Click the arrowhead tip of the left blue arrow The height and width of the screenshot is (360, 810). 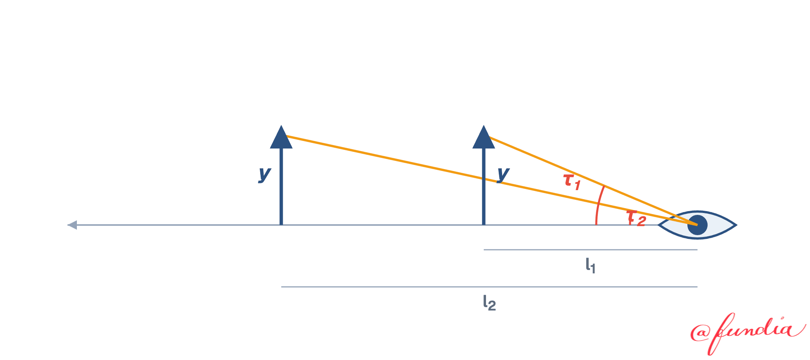[x=281, y=126]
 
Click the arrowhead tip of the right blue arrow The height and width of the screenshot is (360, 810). [x=484, y=126]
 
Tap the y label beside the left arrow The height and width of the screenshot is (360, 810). [x=265, y=174]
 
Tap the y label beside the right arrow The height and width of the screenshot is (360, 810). [x=503, y=174]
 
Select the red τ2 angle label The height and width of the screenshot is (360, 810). [x=636, y=218]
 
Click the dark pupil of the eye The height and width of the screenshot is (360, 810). [x=697, y=225]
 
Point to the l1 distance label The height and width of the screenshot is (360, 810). [x=590, y=265]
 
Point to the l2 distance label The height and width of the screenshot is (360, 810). [x=489, y=303]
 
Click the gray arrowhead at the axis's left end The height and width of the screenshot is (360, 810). [x=72, y=225]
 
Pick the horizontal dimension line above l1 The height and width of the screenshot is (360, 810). [x=591, y=250]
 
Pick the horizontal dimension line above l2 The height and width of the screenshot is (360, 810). [x=489, y=287]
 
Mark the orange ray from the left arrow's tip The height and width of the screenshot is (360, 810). [x=492, y=180]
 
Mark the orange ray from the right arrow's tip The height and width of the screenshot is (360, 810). [x=594, y=181]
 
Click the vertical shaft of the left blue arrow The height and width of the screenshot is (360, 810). [x=281, y=186]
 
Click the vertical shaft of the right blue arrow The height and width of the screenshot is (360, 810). [x=484, y=186]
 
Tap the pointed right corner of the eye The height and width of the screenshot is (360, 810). [x=736, y=225]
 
